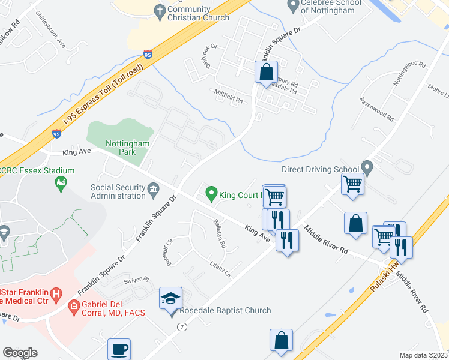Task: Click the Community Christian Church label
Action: [x=198, y=13]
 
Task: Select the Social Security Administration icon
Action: [x=153, y=191]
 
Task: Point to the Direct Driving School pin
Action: [x=367, y=170]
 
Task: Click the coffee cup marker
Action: [x=118, y=349]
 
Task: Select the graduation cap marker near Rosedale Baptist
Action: [x=170, y=298]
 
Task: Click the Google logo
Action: [x=20, y=353]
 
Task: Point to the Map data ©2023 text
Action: [x=423, y=355]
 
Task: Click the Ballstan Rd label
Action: [x=219, y=233]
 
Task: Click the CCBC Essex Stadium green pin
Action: [x=60, y=182]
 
